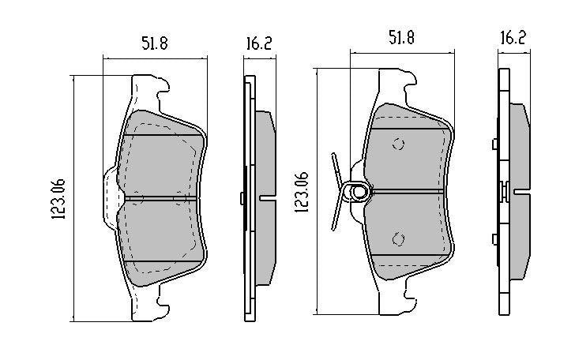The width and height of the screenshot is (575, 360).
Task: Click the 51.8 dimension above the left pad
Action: coord(155,43)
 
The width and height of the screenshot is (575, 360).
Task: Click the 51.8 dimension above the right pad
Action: coord(401,38)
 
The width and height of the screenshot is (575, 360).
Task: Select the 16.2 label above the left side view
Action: coord(259,43)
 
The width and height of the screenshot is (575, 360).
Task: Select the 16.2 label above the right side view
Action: coord(513,38)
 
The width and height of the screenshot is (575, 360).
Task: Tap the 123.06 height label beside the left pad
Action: coord(58,199)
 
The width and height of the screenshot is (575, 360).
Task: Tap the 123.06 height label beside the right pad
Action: coord(303,192)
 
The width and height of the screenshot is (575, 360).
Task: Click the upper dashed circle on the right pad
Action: coord(398,144)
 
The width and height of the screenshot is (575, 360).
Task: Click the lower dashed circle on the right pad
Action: coord(398,239)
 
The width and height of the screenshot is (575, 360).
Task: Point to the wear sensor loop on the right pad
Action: coord(356,191)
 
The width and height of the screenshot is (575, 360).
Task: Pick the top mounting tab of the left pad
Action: coord(149,92)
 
